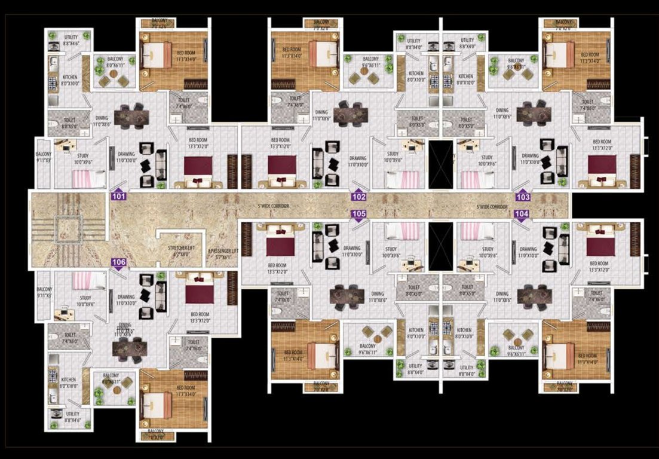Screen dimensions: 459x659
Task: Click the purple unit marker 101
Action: [x=119, y=195]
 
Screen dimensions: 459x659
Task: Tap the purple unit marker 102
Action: [x=358, y=196]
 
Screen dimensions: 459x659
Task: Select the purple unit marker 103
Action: [x=523, y=196]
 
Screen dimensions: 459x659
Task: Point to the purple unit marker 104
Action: [x=522, y=214]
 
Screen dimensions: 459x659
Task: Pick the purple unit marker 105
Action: [x=358, y=214]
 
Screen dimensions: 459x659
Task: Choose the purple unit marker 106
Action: [x=119, y=262]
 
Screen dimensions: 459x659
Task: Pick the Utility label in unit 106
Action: [x=72, y=416]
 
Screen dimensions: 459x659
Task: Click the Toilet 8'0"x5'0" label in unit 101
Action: [x=69, y=123]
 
